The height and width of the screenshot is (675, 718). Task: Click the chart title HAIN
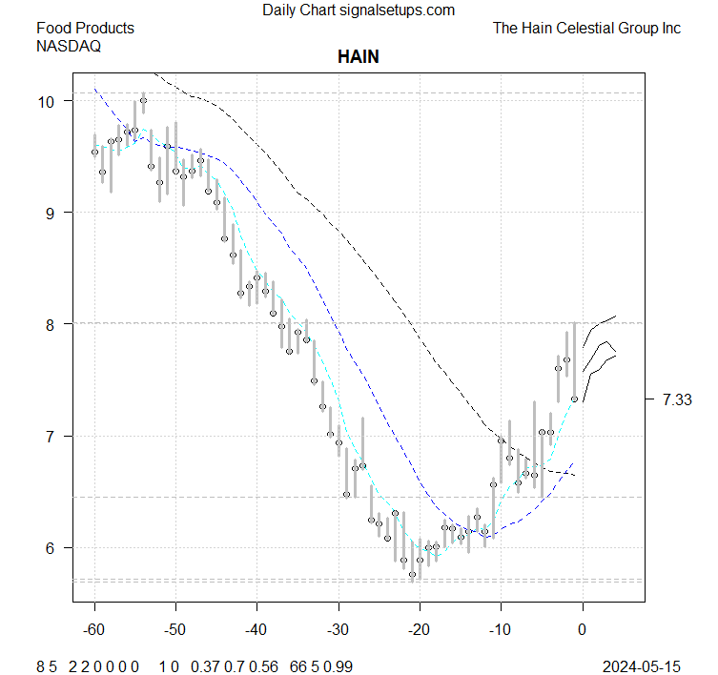[359, 57]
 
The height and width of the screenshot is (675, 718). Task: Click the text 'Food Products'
[85, 29]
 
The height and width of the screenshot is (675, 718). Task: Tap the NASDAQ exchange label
[69, 46]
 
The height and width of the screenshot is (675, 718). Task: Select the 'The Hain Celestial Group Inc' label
[586, 29]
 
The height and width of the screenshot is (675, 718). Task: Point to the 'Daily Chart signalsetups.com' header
[359, 10]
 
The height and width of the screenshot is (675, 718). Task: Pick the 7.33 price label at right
[676, 399]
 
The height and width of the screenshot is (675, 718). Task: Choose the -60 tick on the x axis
[94, 630]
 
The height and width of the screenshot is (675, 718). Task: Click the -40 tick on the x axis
[256, 630]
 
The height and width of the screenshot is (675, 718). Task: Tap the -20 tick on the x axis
[420, 630]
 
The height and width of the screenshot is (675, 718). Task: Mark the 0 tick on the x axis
[582, 630]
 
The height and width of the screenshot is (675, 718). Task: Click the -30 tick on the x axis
[338, 630]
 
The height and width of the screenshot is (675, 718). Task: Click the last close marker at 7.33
[574, 399]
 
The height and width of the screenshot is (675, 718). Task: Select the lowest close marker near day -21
[412, 574]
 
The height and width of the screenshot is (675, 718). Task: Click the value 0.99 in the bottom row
[338, 664]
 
